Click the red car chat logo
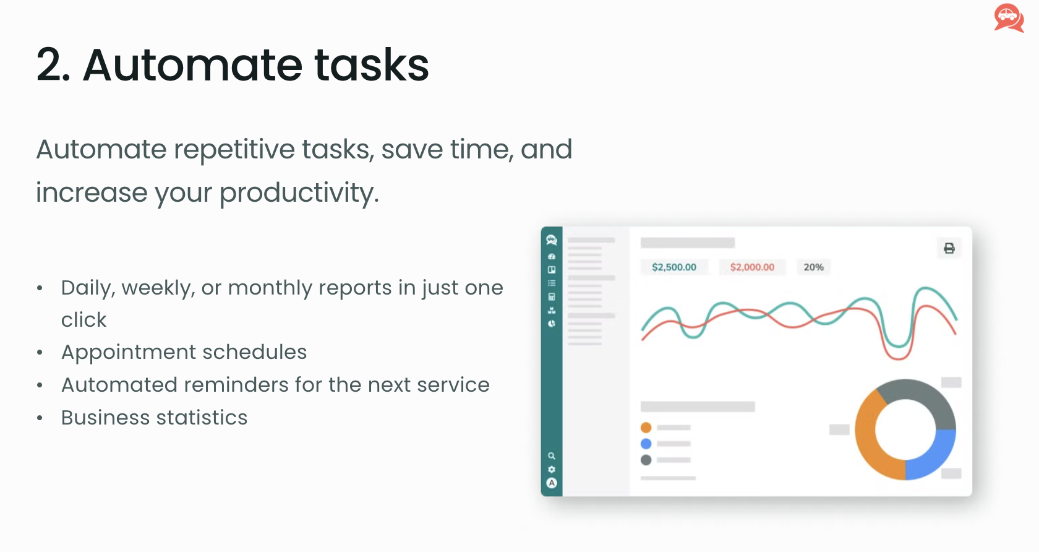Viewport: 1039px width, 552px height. (1009, 18)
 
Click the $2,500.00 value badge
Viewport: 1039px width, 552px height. (674, 267)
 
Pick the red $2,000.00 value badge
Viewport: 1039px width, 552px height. (752, 267)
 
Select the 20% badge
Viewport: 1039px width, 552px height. (814, 267)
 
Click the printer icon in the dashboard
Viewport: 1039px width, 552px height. (949, 248)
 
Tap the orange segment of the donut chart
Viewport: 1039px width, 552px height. (866, 441)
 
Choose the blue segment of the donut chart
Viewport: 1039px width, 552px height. (937, 457)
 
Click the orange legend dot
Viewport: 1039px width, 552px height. (646, 427)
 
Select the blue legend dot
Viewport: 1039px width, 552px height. (646, 443)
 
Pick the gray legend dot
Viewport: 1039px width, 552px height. (646, 460)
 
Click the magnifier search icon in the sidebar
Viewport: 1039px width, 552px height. (552, 456)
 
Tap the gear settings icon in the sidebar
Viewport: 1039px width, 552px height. (552, 469)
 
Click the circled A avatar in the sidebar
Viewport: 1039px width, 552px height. (552, 483)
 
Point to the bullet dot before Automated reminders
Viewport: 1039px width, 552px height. (40, 385)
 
